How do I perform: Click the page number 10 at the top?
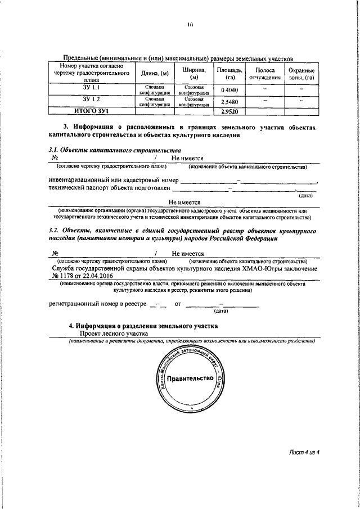pos(190,25)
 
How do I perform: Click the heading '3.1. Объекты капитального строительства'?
pos(115,150)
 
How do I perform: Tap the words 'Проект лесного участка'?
pos(112,334)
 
